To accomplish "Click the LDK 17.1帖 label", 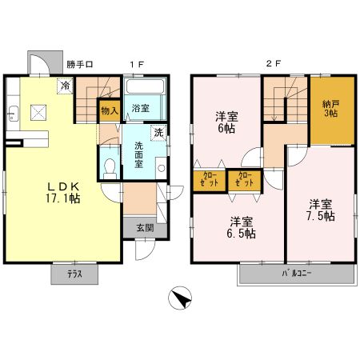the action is [63, 193].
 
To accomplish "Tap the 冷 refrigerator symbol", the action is [65, 86].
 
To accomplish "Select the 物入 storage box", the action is [110, 110].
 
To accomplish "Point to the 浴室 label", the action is [141, 108].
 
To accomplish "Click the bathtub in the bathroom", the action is [145, 86].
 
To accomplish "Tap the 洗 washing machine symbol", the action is [158, 133].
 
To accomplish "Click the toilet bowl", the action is [110, 169].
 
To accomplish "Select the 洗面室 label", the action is [138, 154].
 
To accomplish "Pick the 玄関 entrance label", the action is [145, 228].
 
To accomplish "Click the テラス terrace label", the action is [74, 274].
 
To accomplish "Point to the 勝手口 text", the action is [80, 64].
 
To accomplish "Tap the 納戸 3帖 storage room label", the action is [330, 109].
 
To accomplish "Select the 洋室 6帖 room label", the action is [226, 122].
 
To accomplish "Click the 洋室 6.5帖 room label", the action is [241, 227].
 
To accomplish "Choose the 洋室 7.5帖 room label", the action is [321, 210].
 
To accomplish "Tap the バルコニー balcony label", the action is [297, 274].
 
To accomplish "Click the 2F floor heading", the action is [274, 64].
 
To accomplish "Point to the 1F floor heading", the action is [137, 64].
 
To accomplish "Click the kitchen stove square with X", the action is [38, 113].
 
